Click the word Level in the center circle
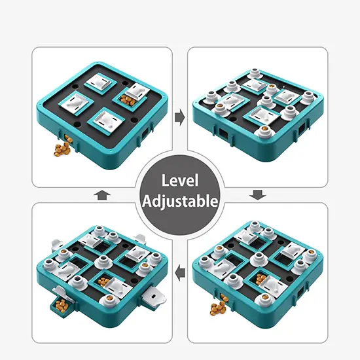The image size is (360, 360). tap(180, 181)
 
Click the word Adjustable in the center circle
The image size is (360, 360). tap(180, 202)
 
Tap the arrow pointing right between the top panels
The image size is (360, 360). tap(180, 117)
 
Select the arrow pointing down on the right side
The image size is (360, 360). tap(258, 195)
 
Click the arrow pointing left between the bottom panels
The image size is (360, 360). tap(180, 273)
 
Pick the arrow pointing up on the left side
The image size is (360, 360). tap(102, 195)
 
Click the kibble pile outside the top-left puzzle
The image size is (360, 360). tap(62, 149)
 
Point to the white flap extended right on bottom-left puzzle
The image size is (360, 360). tap(154, 298)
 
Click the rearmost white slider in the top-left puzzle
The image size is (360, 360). tap(100, 83)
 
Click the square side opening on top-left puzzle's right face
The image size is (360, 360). tap(145, 133)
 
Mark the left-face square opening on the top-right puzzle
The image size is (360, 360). tap(223, 134)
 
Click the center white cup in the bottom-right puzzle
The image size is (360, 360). tap(259, 259)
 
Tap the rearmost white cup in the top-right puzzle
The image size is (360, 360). tap(255, 73)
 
